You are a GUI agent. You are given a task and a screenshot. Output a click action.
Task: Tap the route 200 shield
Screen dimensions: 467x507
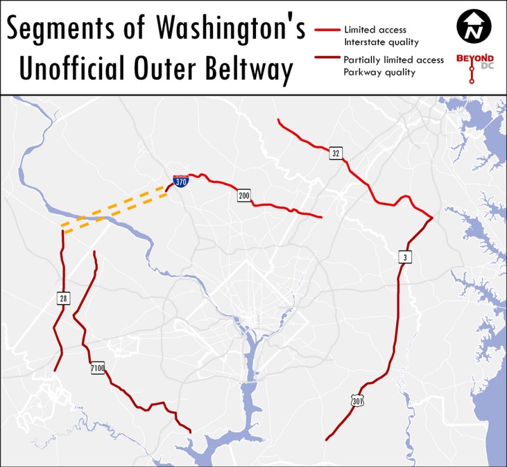[x=244, y=195]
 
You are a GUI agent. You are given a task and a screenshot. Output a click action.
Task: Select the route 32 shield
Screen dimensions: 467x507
[x=336, y=153]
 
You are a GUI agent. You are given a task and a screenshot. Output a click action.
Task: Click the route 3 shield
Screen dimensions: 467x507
[x=404, y=257]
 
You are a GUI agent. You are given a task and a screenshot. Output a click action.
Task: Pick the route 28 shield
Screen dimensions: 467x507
[x=63, y=298]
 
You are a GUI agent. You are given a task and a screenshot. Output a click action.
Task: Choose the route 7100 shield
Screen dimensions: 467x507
[x=97, y=368]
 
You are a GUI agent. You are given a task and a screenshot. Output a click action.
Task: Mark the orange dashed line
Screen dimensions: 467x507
[x=114, y=207]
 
